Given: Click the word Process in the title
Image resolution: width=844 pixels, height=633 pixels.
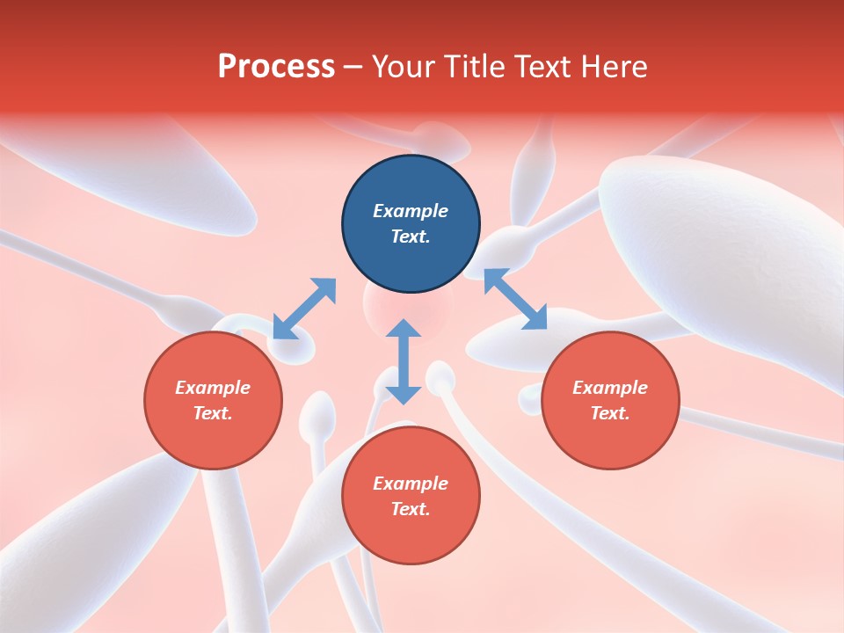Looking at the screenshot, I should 276,67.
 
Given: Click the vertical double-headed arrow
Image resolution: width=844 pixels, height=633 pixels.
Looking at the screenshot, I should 404,362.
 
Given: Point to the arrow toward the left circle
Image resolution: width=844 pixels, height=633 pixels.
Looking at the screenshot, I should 304,309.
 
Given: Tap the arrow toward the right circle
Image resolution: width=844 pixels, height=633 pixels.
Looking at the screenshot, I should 515,299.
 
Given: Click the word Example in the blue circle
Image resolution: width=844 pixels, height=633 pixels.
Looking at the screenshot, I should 411,211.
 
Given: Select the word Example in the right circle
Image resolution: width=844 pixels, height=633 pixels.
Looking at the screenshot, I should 610,388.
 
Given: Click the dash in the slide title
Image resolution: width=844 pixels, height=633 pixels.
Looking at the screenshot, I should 353,67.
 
